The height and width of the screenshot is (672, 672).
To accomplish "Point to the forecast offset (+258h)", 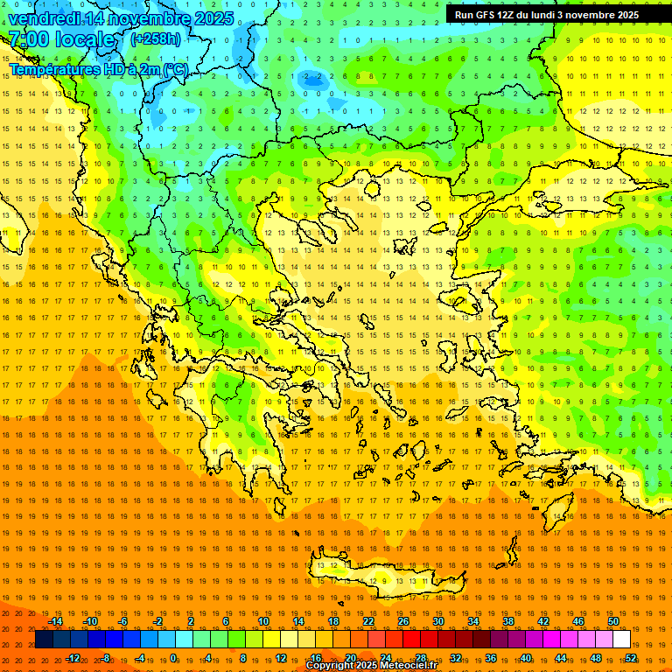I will point(156,39).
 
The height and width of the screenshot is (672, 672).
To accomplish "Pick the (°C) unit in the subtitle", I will point(176,69).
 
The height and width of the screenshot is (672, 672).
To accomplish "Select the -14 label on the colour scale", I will point(55,621).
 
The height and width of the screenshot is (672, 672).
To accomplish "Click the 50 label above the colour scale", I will point(613,621).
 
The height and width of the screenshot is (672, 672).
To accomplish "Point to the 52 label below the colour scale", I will point(631,658).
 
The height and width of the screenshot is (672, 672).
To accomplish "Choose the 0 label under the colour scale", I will point(173,658).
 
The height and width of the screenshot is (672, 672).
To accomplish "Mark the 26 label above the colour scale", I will point(403,621).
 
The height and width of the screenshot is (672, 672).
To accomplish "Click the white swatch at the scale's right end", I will point(621,640).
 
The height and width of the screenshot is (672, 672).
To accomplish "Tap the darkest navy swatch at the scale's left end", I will point(44,640).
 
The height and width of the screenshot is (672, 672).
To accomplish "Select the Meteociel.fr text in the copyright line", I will point(406,666).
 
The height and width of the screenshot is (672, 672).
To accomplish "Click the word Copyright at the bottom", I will point(331,666).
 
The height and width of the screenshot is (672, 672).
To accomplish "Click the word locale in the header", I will point(84,39).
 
